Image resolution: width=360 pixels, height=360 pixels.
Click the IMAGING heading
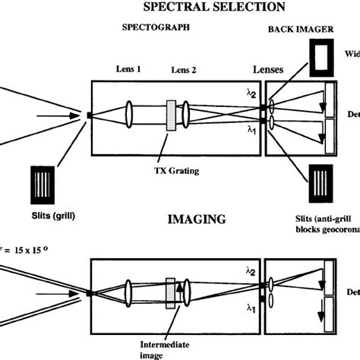(196, 220)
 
